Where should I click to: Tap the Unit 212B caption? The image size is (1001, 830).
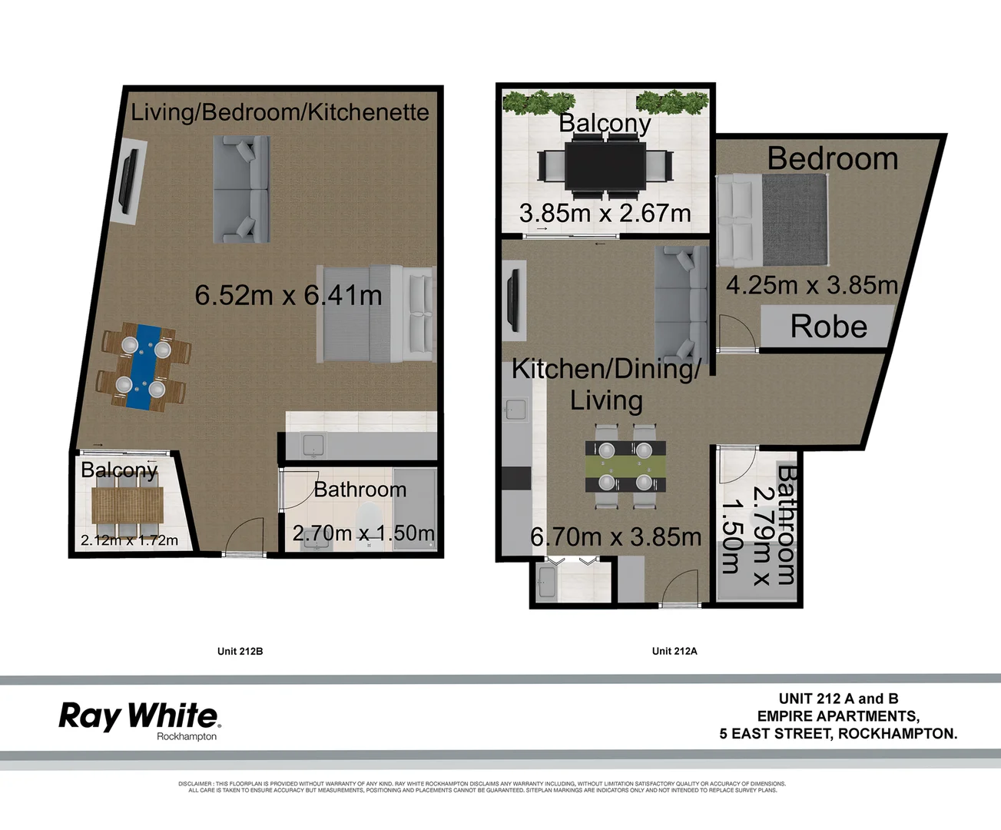240,651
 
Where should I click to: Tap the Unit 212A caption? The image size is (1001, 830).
675,651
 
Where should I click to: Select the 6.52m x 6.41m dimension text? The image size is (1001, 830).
288,295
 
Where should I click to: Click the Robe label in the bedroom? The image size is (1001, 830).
828,327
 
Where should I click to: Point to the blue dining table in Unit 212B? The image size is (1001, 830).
143,367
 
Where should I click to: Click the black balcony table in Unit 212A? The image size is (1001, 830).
605,166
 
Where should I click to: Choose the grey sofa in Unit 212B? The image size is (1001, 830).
241,189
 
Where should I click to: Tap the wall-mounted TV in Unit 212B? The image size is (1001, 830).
128,181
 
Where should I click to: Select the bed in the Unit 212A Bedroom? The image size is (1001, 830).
772,221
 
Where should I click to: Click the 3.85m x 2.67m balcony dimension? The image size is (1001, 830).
605,213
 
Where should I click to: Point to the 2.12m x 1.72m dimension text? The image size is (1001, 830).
129,540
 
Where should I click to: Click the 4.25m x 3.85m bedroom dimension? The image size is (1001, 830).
811,285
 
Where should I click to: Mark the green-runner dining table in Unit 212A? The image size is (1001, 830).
625,466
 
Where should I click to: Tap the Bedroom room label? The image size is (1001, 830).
833,158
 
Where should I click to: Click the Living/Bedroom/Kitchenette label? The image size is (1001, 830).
280,112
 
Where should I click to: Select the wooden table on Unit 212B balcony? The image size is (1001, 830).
128,505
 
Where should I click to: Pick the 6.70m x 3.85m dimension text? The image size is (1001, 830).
615,536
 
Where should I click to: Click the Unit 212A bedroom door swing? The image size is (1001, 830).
735,334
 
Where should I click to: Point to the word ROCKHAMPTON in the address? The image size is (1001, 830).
897,733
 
